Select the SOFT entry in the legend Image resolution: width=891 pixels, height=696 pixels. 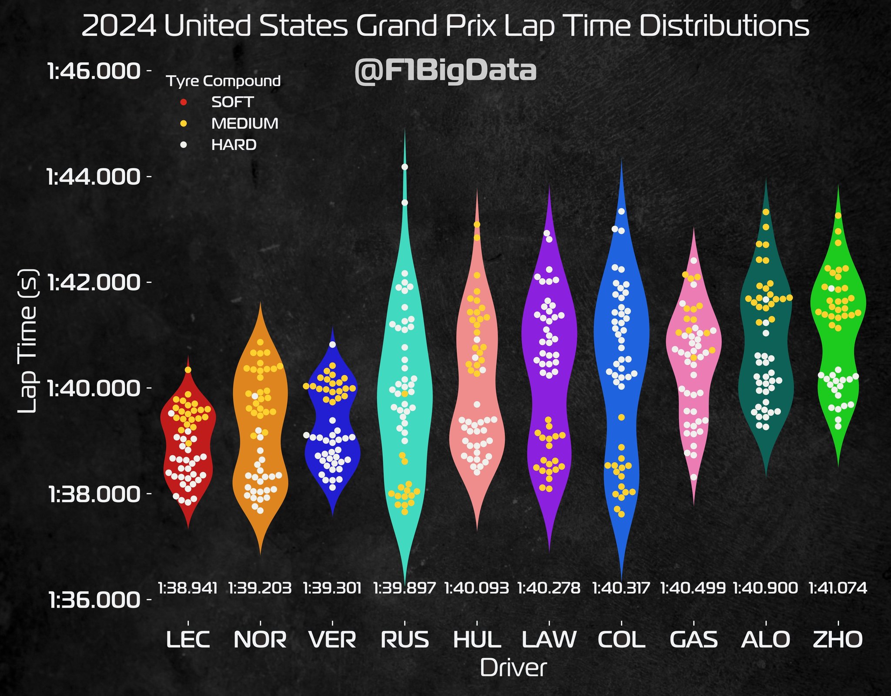pyautogui.click(x=232, y=102)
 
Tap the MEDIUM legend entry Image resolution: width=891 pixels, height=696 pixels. pyautogui.click(x=245, y=124)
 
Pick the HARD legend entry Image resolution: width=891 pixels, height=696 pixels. pyautogui.click(x=234, y=145)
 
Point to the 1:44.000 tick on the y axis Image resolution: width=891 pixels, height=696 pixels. pyautogui.click(x=94, y=177)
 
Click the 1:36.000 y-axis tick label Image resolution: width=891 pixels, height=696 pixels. pyautogui.click(x=94, y=601)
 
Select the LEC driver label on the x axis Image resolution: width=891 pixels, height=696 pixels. pyautogui.click(x=188, y=639)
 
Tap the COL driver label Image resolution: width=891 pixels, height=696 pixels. pyautogui.click(x=621, y=639)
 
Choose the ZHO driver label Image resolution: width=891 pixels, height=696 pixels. pyautogui.click(x=838, y=639)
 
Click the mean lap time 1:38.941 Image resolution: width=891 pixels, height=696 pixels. pyautogui.click(x=188, y=588)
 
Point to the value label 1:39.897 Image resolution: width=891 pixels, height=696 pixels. pyautogui.click(x=405, y=588)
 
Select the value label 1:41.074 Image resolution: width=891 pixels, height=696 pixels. pyautogui.click(x=838, y=588)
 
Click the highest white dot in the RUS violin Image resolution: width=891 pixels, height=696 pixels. pyautogui.click(x=405, y=167)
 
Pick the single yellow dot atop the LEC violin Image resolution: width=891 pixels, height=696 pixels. pyautogui.click(x=188, y=370)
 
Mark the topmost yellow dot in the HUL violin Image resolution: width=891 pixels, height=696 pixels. pyautogui.click(x=477, y=224)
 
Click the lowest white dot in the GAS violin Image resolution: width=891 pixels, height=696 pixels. pyautogui.click(x=693, y=477)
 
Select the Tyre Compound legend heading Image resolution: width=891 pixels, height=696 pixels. pyautogui.click(x=224, y=81)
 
